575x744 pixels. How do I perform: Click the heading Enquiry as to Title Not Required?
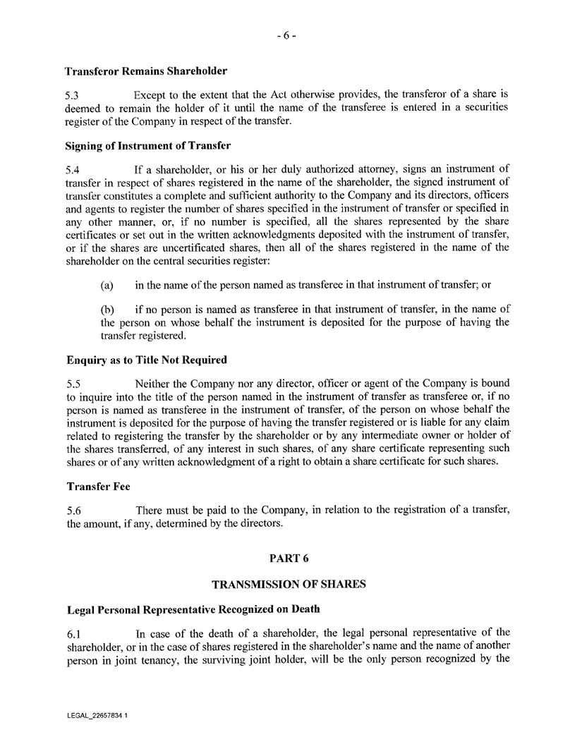pos(146,360)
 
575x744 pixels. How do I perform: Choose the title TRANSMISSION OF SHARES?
pos(289,585)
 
